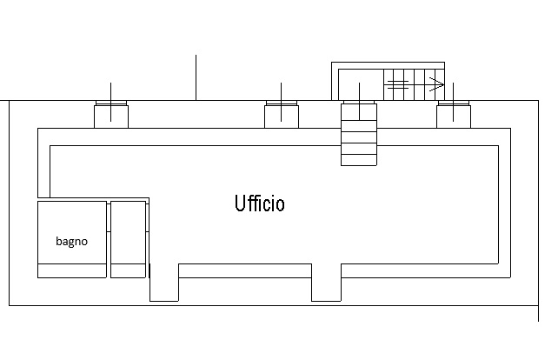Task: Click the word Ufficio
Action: [x=259, y=203]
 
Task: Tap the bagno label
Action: [x=71, y=242]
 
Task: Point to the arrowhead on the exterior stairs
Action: [x=439, y=84]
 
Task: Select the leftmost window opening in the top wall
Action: [x=111, y=114]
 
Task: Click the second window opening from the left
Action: [x=282, y=114]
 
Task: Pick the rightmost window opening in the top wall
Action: [x=453, y=114]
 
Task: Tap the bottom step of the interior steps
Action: [x=359, y=159]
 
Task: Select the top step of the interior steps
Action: [x=359, y=125]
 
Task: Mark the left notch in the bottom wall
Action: [x=164, y=282]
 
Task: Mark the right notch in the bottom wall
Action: [x=326, y=282]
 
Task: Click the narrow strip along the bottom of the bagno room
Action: [x=71, y=271]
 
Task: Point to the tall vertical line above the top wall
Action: [x=196, y=77]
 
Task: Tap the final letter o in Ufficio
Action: [x=280, y=205]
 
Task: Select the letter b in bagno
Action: [x=59, y=242]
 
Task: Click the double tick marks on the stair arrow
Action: [x=397, y=84]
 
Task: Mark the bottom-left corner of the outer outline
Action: [x=10, y=304]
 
